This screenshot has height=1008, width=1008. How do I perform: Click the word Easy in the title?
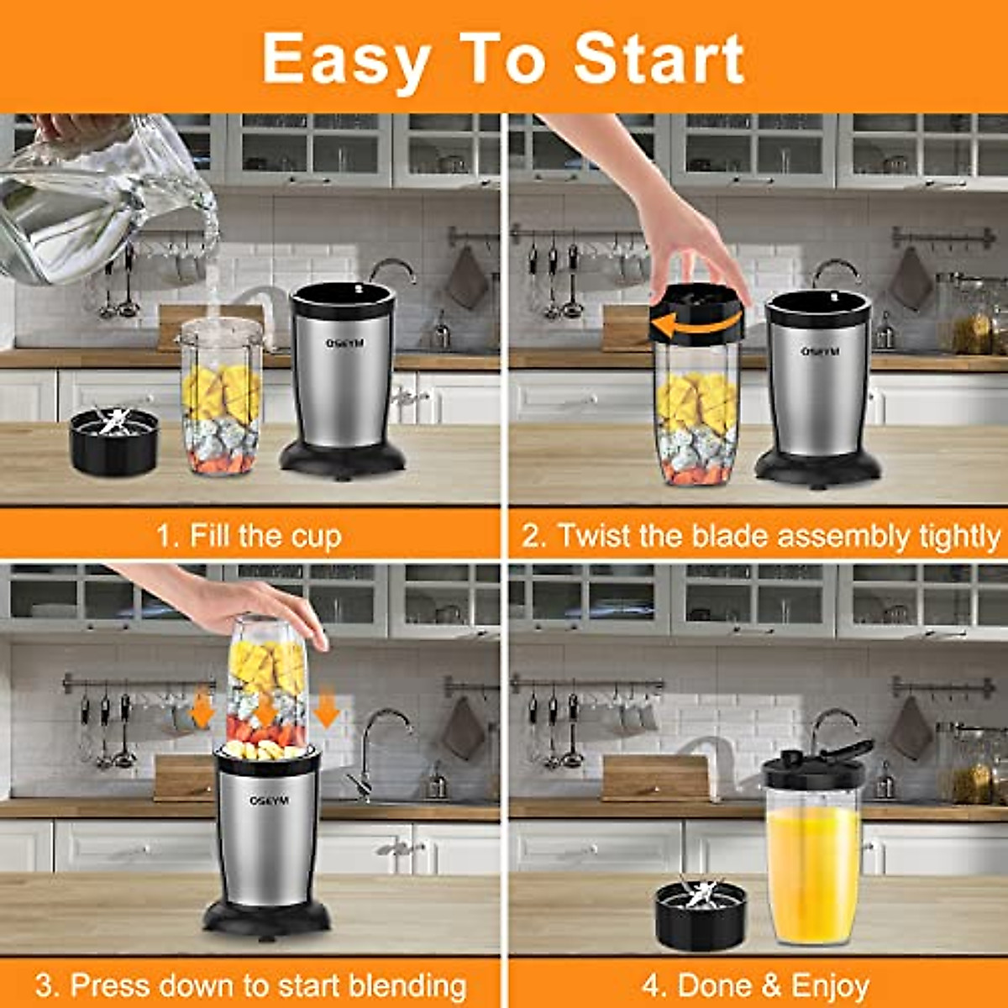tap(345, 59)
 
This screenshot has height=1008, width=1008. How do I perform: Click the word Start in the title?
tap(659, 59)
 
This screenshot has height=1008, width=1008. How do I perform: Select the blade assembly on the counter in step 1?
tap(113, 441)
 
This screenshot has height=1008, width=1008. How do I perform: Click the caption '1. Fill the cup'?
tap(249, 535)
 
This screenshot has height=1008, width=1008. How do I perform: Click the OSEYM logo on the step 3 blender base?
tap(269, 801)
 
